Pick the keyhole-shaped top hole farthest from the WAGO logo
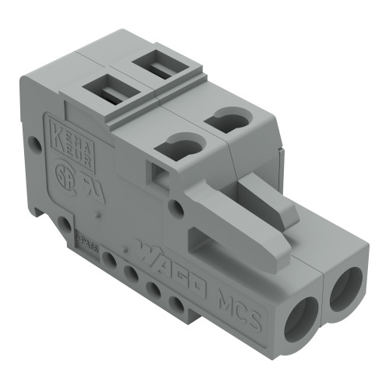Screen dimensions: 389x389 tap(231, 120)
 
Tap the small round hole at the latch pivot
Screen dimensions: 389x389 tap(178, 208)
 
